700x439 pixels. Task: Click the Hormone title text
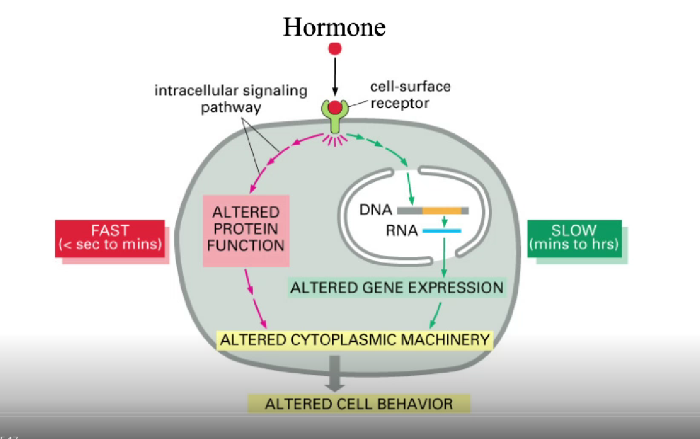tap(334, 27)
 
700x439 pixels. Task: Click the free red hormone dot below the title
tap(335, 49)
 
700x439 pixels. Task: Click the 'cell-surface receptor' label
tap(410, 95)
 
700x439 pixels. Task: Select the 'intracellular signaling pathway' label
tap(231, 99)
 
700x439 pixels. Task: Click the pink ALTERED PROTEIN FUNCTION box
tap(246, 229)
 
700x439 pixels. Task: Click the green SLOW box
tap(574, 238)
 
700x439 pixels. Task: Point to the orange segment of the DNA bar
tap(442, 210)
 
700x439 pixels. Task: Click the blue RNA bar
tap(442, 231)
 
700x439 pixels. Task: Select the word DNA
tap(376, 210)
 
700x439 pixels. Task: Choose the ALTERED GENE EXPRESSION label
tap(397, 288)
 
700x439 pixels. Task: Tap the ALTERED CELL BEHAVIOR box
tap(359, 404)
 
